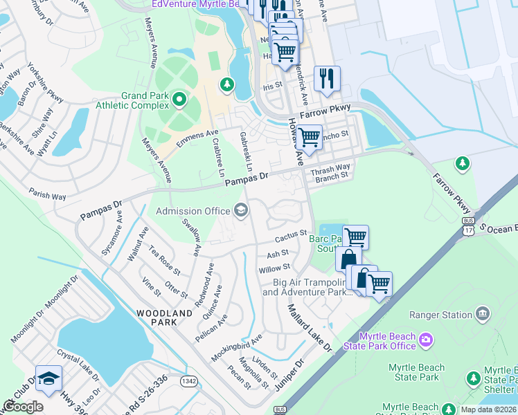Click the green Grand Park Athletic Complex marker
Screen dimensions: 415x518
tap(179, 100)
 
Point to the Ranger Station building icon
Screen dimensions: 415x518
tap(482, 314)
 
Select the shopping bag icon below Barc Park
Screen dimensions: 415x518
tap(348, 259)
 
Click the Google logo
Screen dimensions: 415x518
tap(23, 407)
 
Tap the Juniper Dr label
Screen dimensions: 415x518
tap(289, 375)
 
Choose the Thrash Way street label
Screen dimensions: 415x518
tap(331, 169)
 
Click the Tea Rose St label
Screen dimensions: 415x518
tap(165, 263)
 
